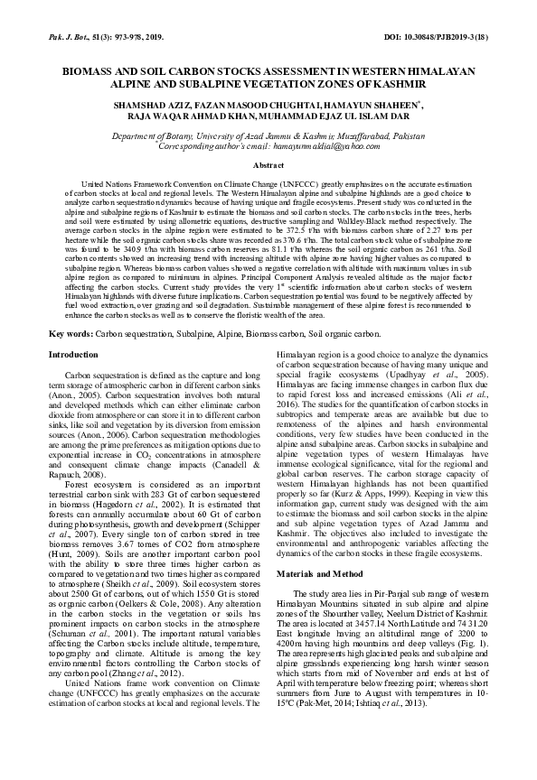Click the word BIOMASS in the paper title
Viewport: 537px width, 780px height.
(93, 69)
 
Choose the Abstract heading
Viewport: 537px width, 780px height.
(268, 166)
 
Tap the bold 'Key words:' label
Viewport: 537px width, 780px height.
(71, 333)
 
